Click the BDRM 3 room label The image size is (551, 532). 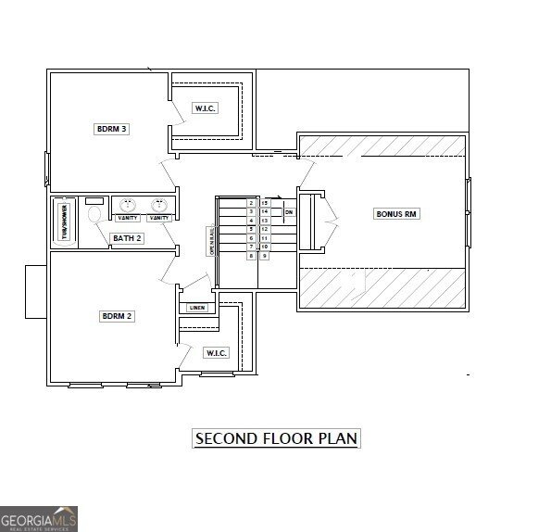coord(111,129)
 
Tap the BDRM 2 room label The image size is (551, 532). coord(118,316)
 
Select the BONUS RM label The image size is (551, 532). coord(397,214)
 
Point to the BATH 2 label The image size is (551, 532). coord(127,238)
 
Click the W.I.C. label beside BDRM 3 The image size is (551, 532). coord(205,108)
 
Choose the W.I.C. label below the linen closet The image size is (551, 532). coord(216,352)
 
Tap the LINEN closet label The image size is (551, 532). coord(196,308)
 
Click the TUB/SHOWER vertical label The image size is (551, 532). coord(65,222)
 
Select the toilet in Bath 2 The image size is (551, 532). coord(94,214)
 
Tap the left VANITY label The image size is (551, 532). coord(128,218)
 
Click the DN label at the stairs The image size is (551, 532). coord(289,212)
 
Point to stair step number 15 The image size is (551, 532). coord(265,202)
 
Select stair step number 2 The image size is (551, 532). coord(251,202)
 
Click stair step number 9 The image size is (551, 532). coord(265,256)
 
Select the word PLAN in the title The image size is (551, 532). coord(337,438)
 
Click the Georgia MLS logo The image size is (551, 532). coord(39,518)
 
